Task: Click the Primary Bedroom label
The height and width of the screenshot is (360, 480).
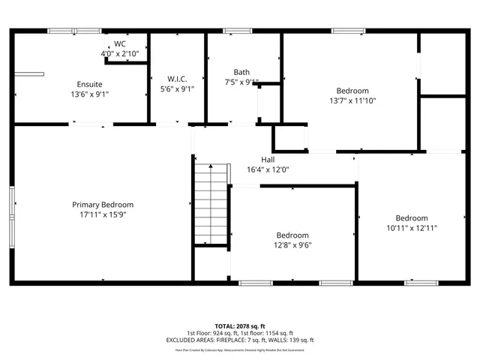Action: (103, 205)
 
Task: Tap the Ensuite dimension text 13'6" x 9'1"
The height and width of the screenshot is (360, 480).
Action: (89, 94)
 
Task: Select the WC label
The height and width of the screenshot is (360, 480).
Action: (119, 43)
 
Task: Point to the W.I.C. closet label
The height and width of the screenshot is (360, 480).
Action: (177, 79)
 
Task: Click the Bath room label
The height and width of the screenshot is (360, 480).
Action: (241, 72)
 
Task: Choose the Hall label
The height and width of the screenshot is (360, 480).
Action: (268, 160)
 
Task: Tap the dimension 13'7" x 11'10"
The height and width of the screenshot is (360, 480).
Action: (352, 100)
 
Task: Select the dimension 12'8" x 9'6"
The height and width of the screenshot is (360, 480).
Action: (292, 244)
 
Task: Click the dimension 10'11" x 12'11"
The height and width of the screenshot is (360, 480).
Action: (412, 228)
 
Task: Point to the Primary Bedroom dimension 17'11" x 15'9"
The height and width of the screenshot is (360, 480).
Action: (103, 214)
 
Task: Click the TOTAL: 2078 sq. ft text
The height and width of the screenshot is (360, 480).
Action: (240, 326)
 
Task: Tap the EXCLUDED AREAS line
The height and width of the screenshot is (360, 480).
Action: (240, 340)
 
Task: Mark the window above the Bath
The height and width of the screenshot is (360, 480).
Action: (238, 31)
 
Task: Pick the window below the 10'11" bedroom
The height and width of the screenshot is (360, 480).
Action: (421, 283)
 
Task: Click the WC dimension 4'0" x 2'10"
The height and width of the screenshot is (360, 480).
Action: (119, 53)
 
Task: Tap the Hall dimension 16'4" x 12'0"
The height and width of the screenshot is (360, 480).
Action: (268, 169)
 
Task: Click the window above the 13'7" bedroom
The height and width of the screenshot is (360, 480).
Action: (349, 31)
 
